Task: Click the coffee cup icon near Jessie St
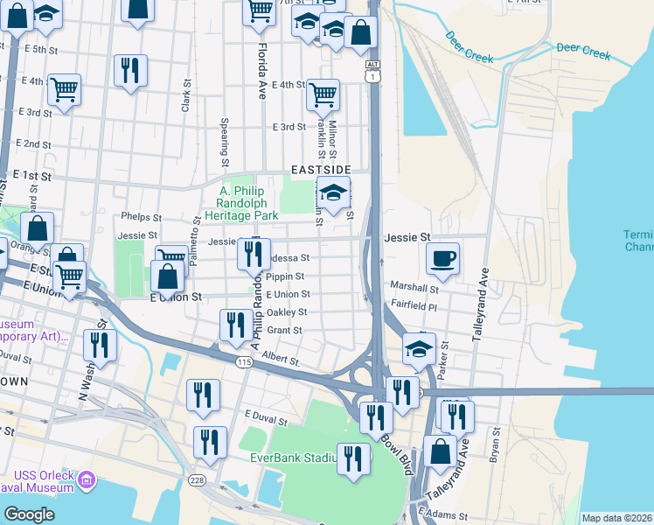tap(443, 258)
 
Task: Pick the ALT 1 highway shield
tap(373, 72)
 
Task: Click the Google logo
tap(29, 514)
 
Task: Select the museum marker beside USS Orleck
tap(87, 479)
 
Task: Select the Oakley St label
tap(287, 312)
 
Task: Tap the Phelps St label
tap(143, 217)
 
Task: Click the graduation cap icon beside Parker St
tap(419, 348)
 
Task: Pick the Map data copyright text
tap(617, 518)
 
